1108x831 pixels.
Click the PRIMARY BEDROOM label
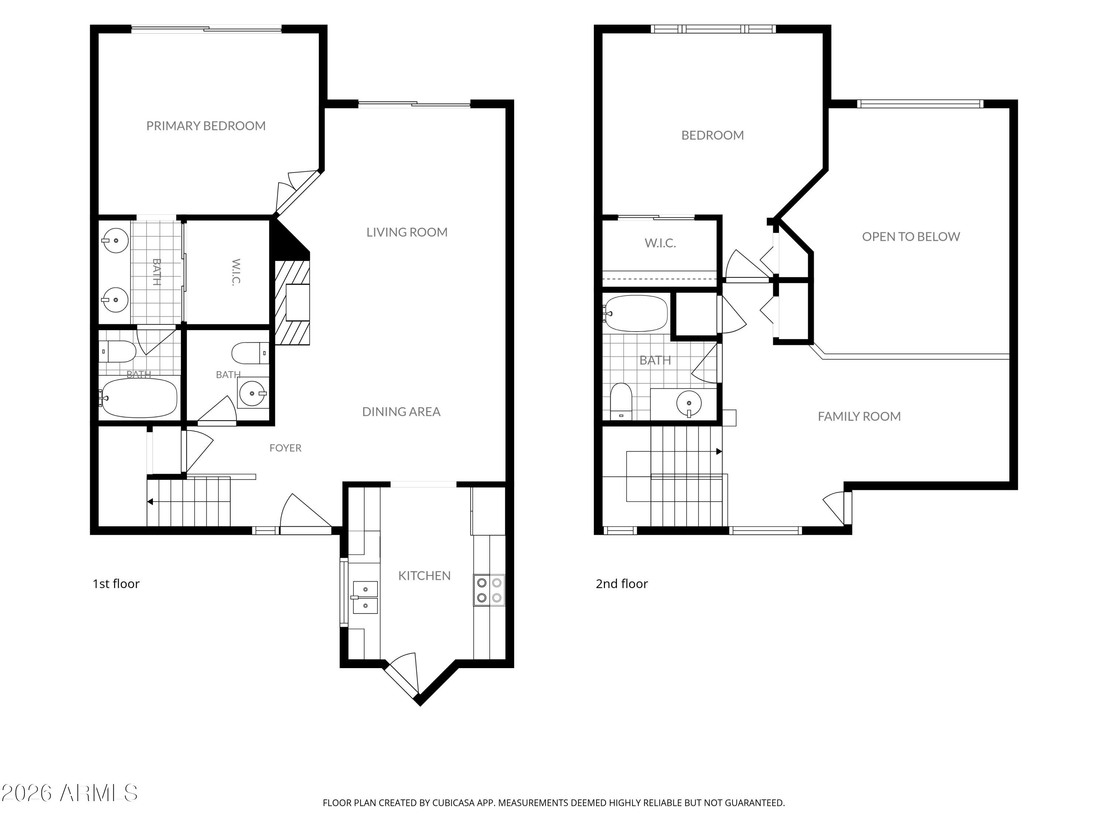pyautogui.click(x=206, y=126)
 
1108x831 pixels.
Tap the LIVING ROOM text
pyautogui.click(x=407, y=232)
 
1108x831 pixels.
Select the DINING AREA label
pyautogui.click(x=401, y=412)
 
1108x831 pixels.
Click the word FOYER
pyautogui.click(x=285, y=448)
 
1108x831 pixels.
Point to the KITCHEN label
pyautogui.click(x=424, y=576)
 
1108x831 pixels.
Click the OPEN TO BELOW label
pyautogui.click(x=911, y=237)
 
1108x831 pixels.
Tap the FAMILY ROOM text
pyautogui.click(x=859, y=417)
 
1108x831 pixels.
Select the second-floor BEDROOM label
pyautogui.click(x=712, y=135)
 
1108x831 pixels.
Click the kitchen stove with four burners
pyautogui.click(x=489, y=590)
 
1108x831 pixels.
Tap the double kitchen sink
pyautogui.click(x=365, y=598)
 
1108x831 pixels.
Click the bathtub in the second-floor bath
pyautogui.click(x=636, y=314)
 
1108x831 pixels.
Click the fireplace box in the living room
pyautogui.click(x=298, y=302)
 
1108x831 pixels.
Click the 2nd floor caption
pyautogui.click(x=622, y=584)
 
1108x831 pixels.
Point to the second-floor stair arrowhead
pyautogui.click(x=719, y=452)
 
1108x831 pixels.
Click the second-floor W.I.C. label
pyautogui.click(x=660, y=243)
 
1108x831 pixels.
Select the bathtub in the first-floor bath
pyautogui.click(x=139, y=398)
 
